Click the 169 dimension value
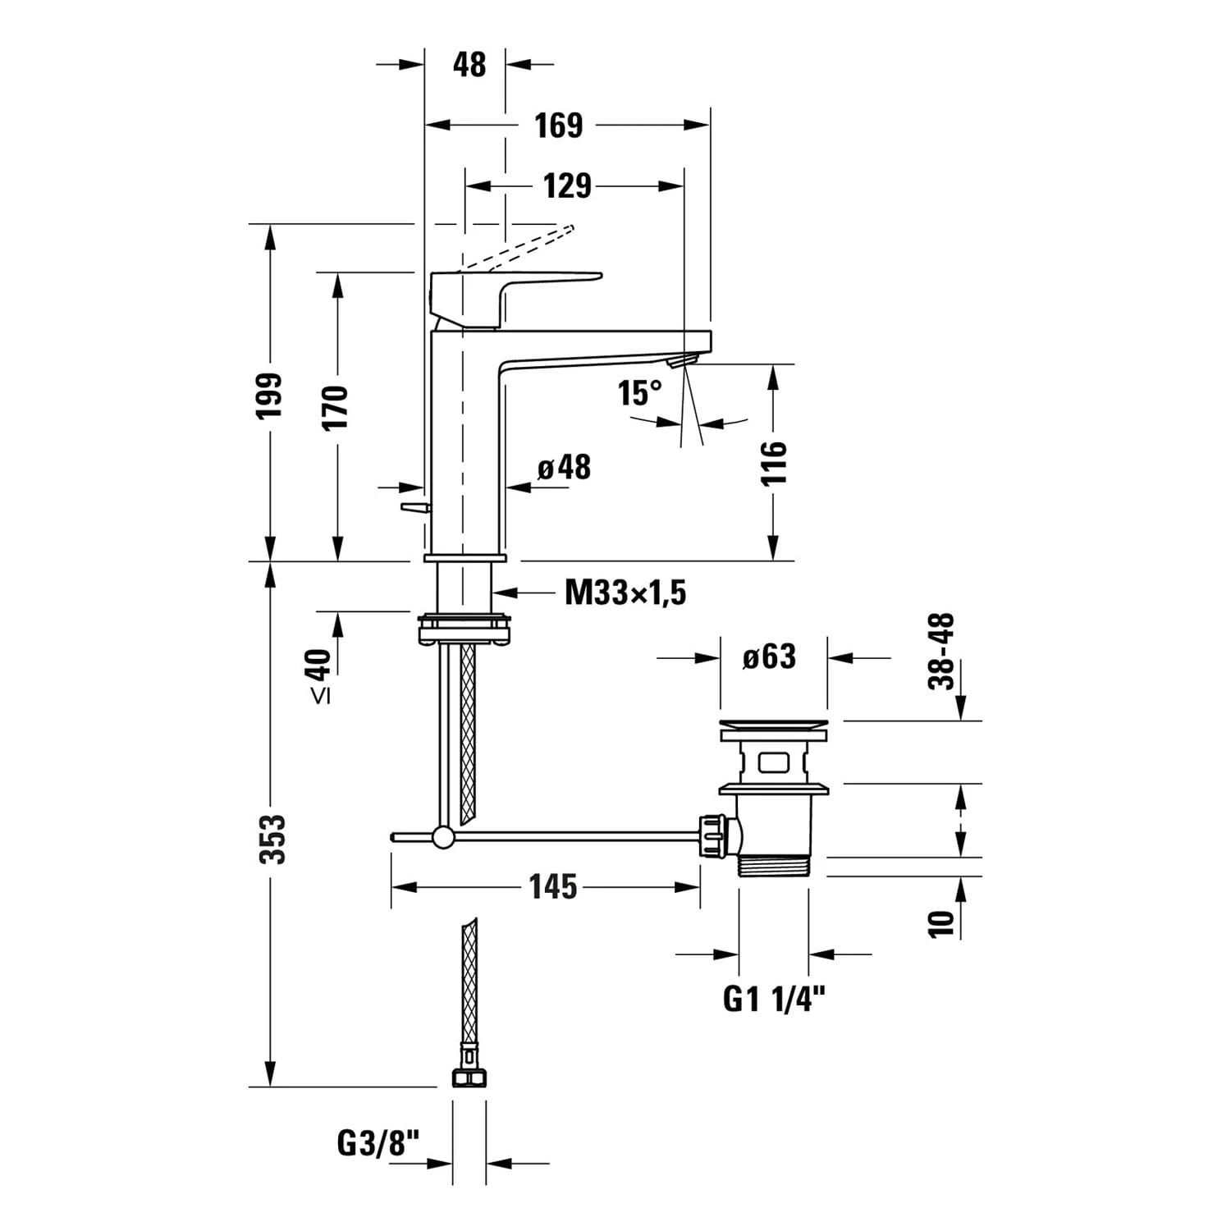pyautogui.click(x=559, y=126)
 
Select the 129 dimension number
pyautogui.click(x=567, y=186)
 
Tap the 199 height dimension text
pyautogui.click(x=269, y=396)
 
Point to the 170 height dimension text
pyautogui.click(x=335, y=407)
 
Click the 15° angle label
pyautogui.click(x=639, y=393)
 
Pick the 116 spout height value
pyautogui.click(x=773, y=463)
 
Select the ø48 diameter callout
pyautogui.click(x=565, y=468)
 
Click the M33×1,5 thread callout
pyautogui.click(x=625, y=593)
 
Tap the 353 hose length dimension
pyautogui.click(x=272, y=839)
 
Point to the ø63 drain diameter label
pyautogui.click(x=769, y=657)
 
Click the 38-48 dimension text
pyautogui.click(x=941, y=651)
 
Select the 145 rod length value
pyautogui.click(x=552, y=887)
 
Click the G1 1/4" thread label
pyautogui.click(x=774, y=999)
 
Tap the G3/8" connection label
pyautogui.click(x=378, y=1142)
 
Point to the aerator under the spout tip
pyautogui.click(x=682, y=360)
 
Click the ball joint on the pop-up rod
pyautogui.click(x=443, y=837)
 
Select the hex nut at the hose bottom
pyautogui.click(x=469, y=1077)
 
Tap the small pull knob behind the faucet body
pyautogui.click(x=415, y=508)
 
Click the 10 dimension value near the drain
pyautogui.click(x=941, y=923)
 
